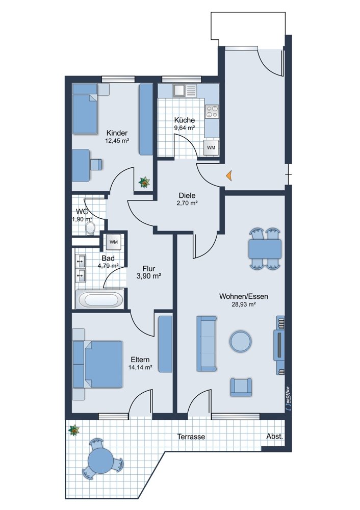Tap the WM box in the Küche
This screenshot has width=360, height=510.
pos(211,147)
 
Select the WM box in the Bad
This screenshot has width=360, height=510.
pos(114,242)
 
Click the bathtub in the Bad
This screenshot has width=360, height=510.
pos(99,299)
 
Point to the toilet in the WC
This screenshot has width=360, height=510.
pos(90,228)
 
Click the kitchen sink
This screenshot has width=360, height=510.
pos(185,90)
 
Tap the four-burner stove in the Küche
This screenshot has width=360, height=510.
pos(212,112)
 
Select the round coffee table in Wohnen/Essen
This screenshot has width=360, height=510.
pos(240,341)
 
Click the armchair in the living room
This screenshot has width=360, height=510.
pos(241,387)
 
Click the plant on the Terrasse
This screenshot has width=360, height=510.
pos(74,430)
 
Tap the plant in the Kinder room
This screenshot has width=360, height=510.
pos(144,182)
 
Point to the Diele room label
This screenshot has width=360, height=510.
pos(187,195)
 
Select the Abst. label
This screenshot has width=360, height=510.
pos(274,437)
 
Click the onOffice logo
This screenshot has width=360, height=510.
pos(287,397)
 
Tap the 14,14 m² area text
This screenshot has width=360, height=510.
pos(141,368)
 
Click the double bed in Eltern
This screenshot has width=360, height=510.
pos(98,364)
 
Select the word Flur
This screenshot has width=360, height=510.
pos(148,269)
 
